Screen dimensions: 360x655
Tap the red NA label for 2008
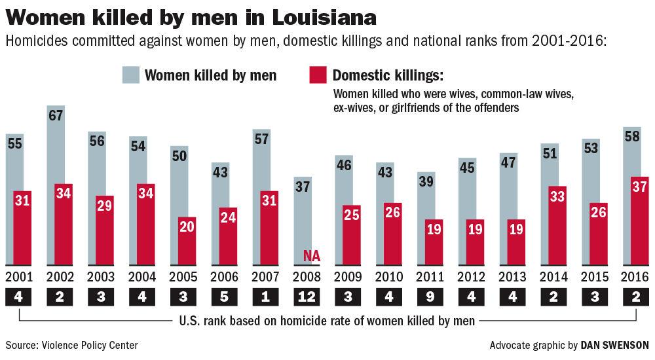312,256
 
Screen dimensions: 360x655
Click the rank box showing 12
307,296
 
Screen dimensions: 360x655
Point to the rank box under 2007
266,296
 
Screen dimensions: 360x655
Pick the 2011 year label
430,276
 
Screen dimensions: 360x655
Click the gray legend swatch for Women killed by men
131,75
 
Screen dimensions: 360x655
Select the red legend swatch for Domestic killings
316,75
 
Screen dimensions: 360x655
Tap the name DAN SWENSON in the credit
616,345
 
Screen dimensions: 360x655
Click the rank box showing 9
431,296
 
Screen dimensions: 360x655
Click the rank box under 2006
225,296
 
